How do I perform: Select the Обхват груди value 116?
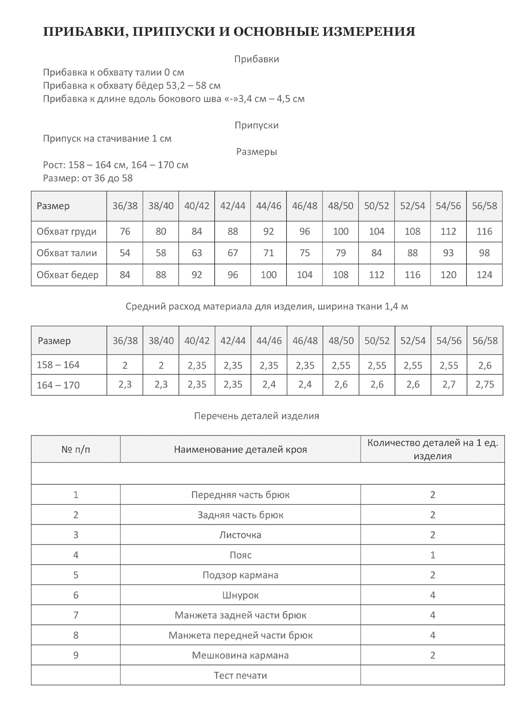[484, 232]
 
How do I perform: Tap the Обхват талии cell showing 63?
[197, 253]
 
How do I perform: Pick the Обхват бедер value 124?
[484, 275]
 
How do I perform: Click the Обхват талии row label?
[67, 253]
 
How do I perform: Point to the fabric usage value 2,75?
[485, 385]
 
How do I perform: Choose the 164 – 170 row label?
[58, 385]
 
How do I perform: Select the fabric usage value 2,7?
[449, 385]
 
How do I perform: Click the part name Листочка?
[240, 535]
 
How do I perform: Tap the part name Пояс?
[240, 555]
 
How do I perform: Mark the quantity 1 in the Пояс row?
[432, 555]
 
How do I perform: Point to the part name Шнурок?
[240, 595]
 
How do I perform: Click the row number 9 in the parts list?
[76, 655]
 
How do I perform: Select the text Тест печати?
[240, 675]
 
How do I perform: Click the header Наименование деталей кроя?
[240, 449]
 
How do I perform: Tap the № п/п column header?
[76, 449]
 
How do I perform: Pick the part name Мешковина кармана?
[240, 655]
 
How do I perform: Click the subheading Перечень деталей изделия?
[256, 416]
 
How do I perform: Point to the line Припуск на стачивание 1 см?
[107, 139]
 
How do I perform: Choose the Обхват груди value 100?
[340, 232]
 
